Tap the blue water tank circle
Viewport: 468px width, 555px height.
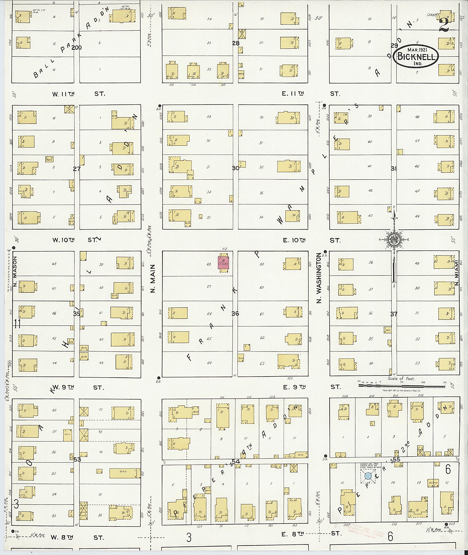(368, 476)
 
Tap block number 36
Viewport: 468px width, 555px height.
(235, 313)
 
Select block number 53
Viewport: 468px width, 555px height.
(77, 459)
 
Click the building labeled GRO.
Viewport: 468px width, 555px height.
(125, 473)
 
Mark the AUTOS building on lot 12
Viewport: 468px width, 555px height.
(433, 483)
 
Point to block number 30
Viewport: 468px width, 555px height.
(235, 168)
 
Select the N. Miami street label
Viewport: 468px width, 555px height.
(457, 277)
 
